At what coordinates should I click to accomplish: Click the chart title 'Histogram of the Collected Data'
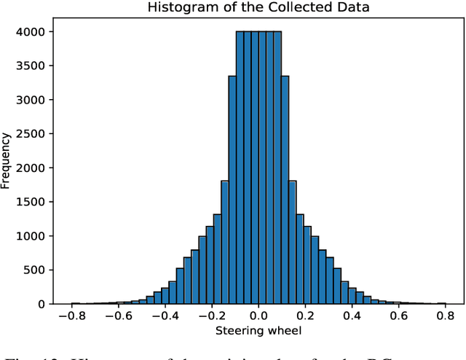[x=258, y=8]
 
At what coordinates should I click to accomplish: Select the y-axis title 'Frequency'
[x=7, y=160]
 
